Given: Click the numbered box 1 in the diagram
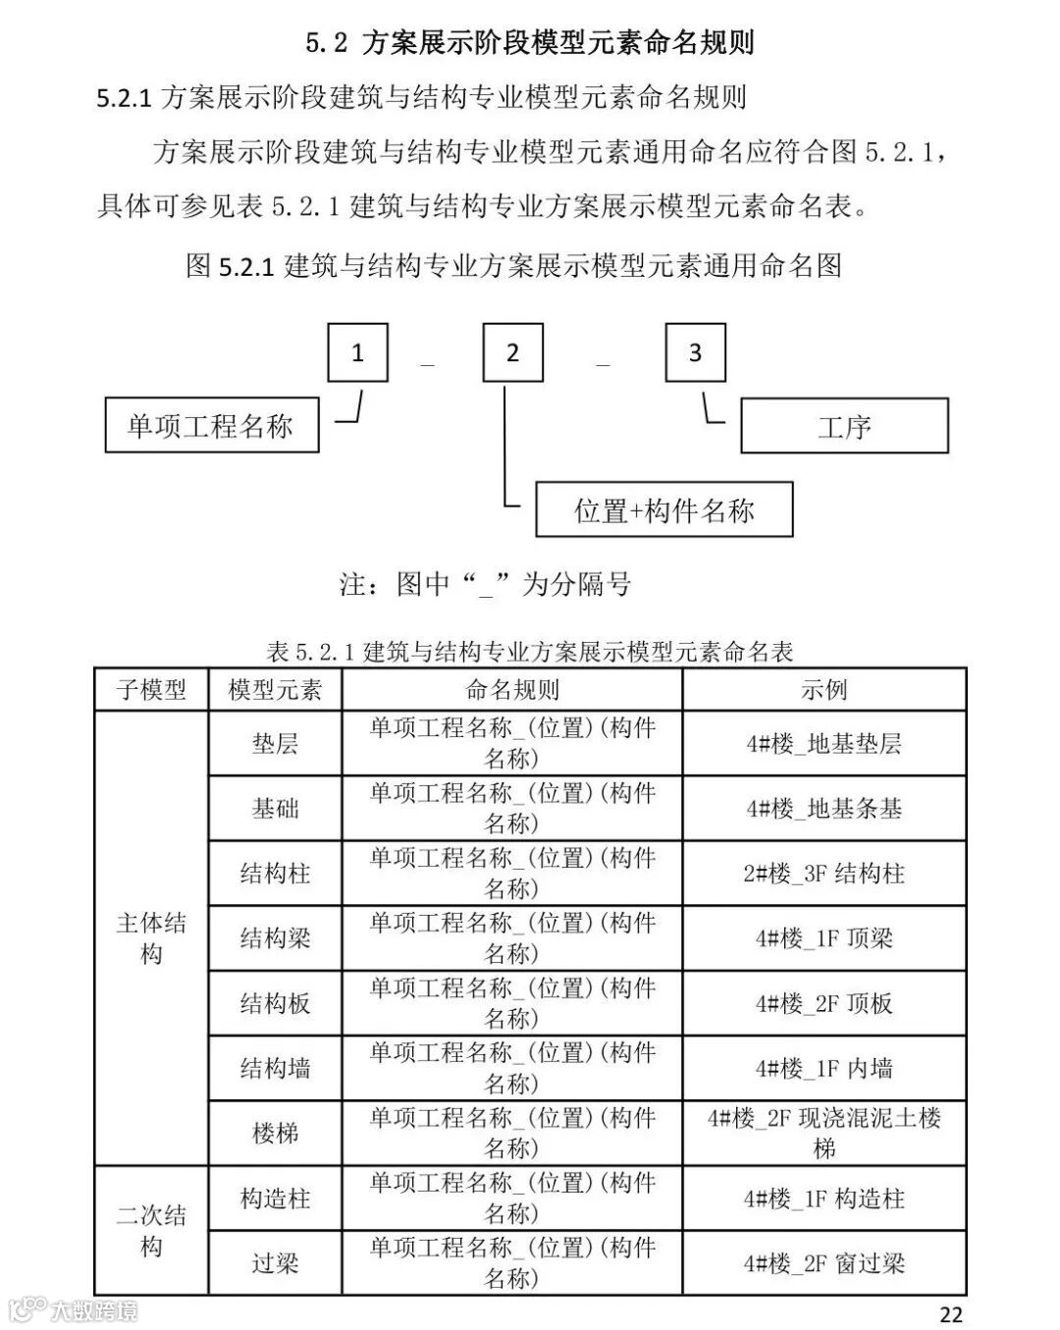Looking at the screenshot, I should (x=357, y=352).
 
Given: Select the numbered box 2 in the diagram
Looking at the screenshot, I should (x=512, y=352).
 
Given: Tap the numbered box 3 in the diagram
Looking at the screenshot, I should (x=695, y=352).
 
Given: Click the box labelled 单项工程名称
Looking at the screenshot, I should (x=211, y=425).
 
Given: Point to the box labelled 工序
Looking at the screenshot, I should (x=844, y=426).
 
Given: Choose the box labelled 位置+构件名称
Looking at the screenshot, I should (x=663, y=509).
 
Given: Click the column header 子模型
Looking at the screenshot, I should (x=151, y=690).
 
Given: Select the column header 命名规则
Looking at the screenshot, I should (x=511, y=690).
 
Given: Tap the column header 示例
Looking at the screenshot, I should (x=823, y=690).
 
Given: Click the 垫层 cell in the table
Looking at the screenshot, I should (x=275, y=743).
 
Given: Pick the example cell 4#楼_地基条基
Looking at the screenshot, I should (x=823, y=809).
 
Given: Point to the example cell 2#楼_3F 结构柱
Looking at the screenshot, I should (x=823, y=874).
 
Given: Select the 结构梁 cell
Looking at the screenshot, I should (x=275, y=938).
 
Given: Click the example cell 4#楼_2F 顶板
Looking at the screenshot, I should (x=823, y=1003).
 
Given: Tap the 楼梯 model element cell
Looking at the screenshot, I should (x=275, y=1133).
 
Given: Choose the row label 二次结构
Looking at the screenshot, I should (x=151, y=1231).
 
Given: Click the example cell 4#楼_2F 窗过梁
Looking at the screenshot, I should (x=823, y=1263).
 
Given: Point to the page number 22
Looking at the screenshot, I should (x=950, y=1313).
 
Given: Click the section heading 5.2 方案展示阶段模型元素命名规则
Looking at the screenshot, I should (x=529, y=43).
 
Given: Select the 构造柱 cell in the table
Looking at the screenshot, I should (x=275, y=1198).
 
